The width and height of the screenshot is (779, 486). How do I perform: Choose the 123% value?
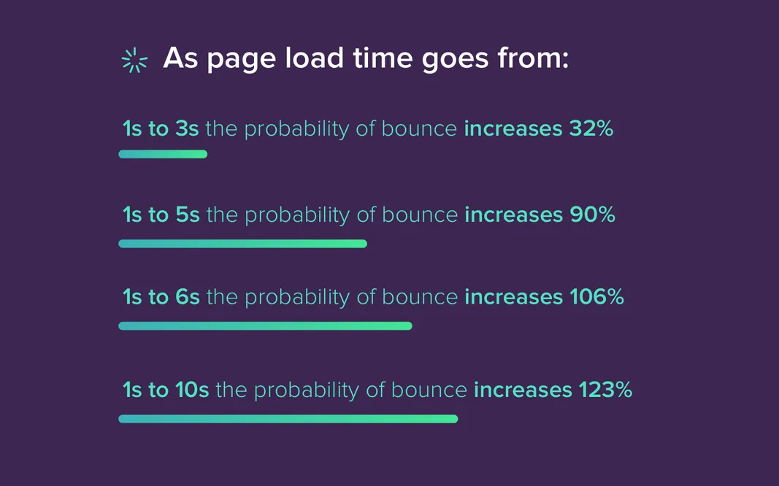[x=605, y=390]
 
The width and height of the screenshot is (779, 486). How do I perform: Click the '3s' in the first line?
[x=186, y=129]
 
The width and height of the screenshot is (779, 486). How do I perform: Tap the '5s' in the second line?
[x=187, y=215]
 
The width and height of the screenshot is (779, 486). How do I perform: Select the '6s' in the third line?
[x=187, y=297]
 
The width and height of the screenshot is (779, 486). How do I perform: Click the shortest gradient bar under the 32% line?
[x=163, y=154]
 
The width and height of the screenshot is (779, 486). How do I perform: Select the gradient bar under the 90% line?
[x=242, y=244]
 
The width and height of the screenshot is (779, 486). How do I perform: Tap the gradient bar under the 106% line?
[x=265, y=325]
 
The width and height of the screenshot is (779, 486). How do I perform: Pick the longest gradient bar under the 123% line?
[x=288, y=419]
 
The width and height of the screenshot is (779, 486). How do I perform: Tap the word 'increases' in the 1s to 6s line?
[x=513, y=297]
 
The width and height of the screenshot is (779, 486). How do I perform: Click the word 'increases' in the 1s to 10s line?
[x=523, y=390]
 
